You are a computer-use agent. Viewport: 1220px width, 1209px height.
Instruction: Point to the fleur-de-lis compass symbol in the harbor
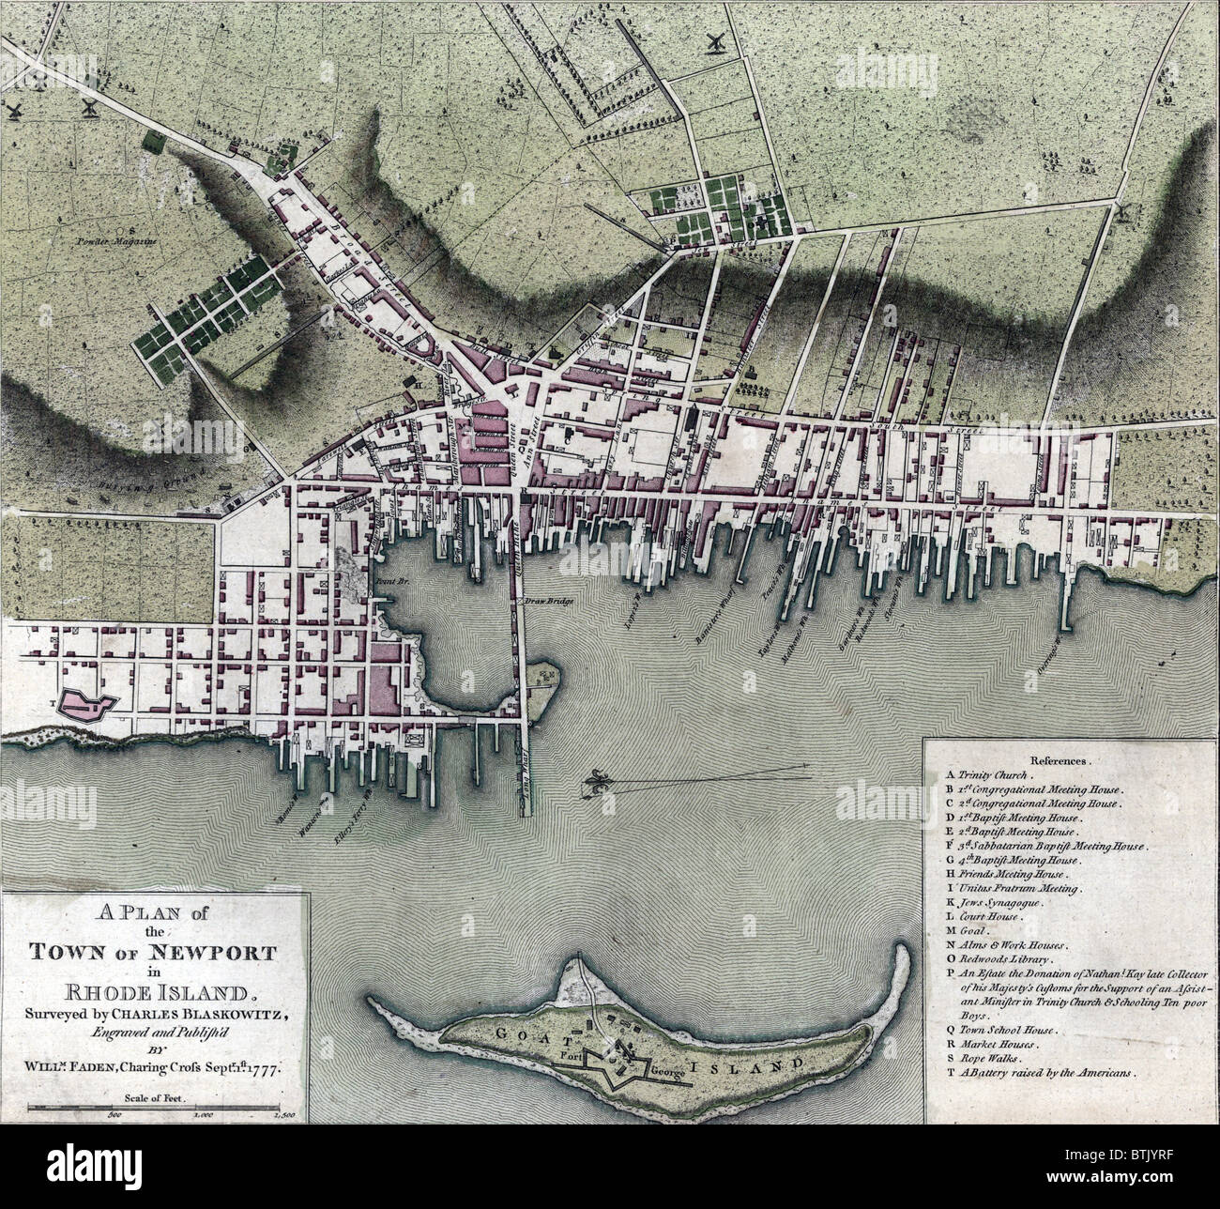(x=598, y=782)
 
